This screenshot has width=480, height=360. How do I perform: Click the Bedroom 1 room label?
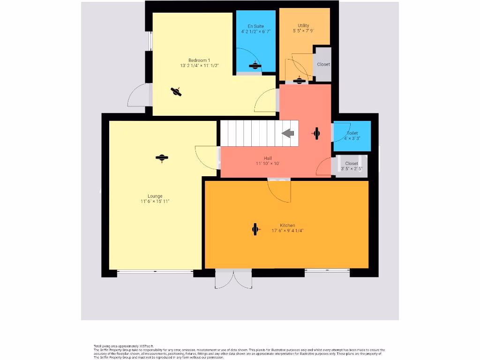click(199, 60)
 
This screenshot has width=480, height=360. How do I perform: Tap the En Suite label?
click(255, 26)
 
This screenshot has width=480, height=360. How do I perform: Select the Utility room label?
click(303, 26)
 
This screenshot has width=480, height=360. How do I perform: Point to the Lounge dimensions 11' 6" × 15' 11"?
click(155, 202)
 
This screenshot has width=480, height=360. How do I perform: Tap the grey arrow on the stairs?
click(288, 134)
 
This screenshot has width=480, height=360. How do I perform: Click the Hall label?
click(268, 158)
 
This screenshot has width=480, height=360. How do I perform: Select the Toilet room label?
click(352, 133)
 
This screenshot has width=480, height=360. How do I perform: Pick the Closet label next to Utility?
click(323, 64)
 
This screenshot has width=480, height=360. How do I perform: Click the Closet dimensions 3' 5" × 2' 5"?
click(352, 169)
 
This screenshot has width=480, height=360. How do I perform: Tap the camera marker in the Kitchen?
click(255, 229)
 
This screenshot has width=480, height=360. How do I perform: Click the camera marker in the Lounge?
click(162, 158)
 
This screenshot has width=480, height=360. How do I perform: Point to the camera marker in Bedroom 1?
click(176, 91)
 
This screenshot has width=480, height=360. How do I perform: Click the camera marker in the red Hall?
click(316, 134)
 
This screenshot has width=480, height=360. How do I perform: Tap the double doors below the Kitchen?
click(233, 279)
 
